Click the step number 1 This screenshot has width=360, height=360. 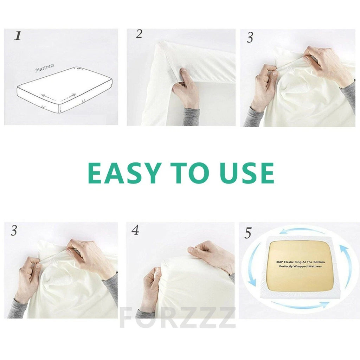tap(17, 36)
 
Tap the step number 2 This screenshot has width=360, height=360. tap(139, 34)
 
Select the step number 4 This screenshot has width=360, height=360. tap(135, 230)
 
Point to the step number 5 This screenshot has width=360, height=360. tap(248, 233)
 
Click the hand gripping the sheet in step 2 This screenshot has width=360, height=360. tap(185, 88)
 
